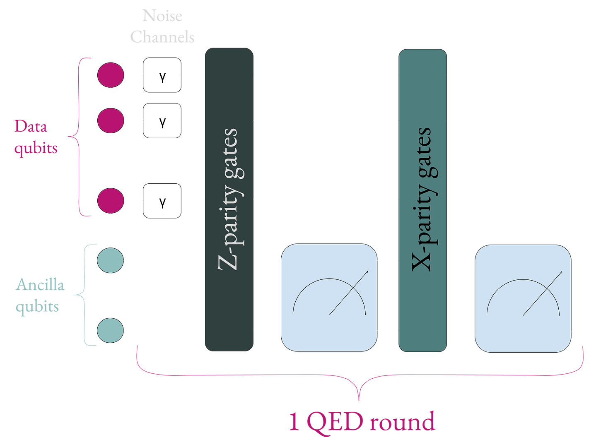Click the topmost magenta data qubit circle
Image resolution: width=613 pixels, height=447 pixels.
tap(111, 75)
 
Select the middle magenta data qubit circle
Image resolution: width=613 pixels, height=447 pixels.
tap(111, 121)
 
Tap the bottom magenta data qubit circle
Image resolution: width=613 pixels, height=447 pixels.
tap(111, 201)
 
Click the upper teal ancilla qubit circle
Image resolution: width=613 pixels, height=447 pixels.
tap(111, 261)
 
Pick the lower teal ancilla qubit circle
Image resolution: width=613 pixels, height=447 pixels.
tap(111, 331)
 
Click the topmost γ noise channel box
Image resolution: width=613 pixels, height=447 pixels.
tap(162, 75)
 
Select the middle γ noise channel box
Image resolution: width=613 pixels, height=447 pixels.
tap(162, 121)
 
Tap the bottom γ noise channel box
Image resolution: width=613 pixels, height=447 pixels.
tap(162, 201)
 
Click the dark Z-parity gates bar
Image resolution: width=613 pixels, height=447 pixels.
tap(229, 200)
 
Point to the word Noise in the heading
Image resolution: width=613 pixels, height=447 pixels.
tap(162, 16)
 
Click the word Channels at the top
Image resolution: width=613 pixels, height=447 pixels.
tap(162, 37)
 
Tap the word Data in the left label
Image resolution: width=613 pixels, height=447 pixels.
tap(31, 126)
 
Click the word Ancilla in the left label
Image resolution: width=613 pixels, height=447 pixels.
tap(40, 285)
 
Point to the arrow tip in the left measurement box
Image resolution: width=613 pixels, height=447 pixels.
tap(369, 271)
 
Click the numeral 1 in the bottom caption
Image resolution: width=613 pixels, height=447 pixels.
tap(294, 422)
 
